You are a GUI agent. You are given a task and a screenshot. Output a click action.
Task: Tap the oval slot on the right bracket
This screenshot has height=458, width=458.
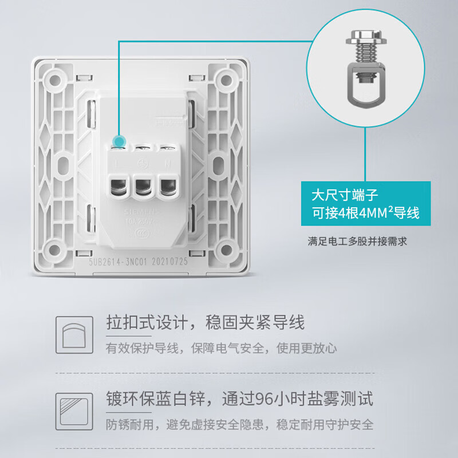coord(220,164)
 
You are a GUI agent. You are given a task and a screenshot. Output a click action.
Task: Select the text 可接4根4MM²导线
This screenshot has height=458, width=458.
coord(364,213)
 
